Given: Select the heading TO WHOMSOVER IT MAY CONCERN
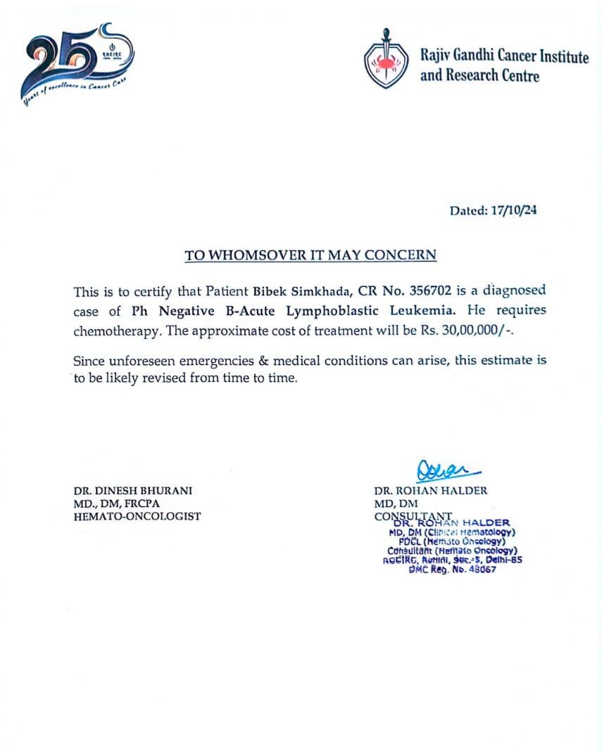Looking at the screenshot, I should [311, 255].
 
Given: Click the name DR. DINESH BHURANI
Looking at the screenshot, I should [132, 491].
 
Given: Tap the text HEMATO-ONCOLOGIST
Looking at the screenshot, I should [137, 516].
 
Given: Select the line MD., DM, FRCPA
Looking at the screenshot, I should [118, 503].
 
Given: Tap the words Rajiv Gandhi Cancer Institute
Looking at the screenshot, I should [504, 57].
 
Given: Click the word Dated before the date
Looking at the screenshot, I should [468, 210].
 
